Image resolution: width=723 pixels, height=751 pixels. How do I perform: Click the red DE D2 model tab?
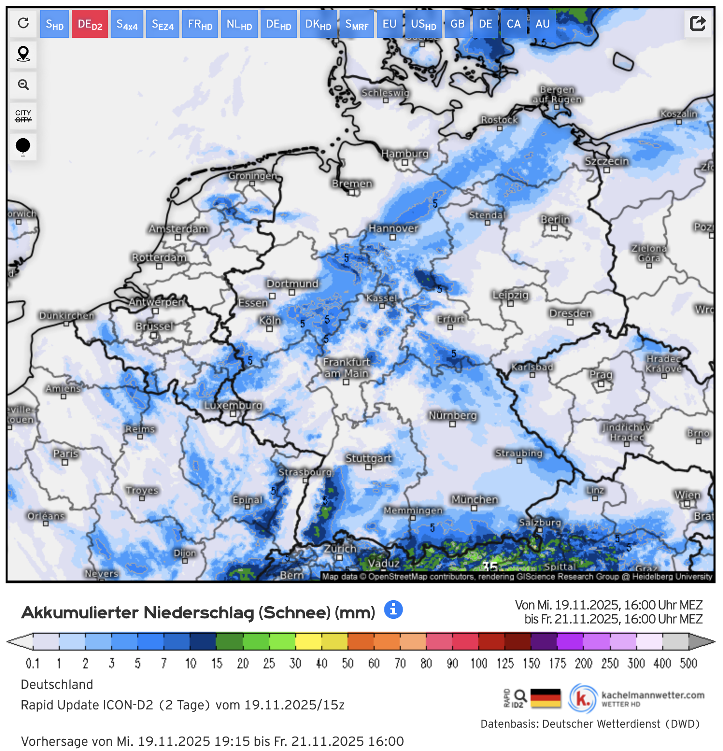[90, 24]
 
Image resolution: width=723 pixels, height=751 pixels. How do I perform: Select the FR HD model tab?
[200, 24]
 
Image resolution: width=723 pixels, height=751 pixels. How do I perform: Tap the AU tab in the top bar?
[542, 24]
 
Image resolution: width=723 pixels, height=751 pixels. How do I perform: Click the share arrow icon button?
[698, 23]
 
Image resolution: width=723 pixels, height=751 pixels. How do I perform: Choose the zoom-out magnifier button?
[23, 85]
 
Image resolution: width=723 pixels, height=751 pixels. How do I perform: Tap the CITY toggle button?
[23, 116]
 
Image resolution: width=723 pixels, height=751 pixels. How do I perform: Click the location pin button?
[23, 54]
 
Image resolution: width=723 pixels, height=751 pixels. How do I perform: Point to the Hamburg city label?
[404, 154]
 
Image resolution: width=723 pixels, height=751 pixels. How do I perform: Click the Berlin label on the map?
[555, 220]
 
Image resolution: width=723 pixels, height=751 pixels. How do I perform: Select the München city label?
[475, 500]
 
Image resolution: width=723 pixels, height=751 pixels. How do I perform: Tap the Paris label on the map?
[65, 453]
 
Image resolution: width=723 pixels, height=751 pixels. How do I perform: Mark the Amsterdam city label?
[178, 229]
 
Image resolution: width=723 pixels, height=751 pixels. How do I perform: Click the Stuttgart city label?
[369, 458]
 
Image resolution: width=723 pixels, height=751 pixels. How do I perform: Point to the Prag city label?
[601, 375]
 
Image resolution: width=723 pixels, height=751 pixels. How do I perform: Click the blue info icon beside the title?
[393, 609]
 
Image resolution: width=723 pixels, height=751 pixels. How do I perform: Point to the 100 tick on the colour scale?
[478, 663]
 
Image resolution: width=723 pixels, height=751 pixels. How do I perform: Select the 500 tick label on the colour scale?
[688, 663]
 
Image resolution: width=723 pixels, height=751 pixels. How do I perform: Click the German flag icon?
[546, 698]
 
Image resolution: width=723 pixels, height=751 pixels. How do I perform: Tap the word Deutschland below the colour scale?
[57, 685]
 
